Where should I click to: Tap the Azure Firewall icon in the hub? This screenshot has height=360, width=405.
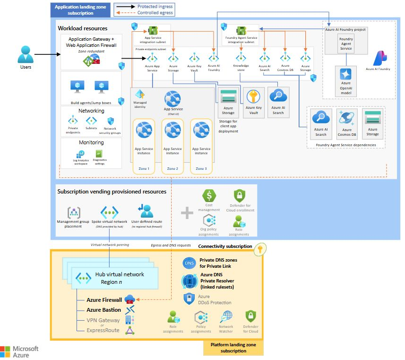point(129,299)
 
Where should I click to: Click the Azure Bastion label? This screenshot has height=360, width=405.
point(103,310)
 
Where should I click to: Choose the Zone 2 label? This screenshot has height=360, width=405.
point(172,168)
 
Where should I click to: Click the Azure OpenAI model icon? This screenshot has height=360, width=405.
point(346,74)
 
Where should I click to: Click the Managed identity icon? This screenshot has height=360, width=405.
point(139,95)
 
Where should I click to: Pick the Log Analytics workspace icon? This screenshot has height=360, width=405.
point(81,154)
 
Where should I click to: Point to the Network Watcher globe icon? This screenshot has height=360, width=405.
point(226,316)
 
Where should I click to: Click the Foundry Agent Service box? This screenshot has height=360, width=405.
point(346,44)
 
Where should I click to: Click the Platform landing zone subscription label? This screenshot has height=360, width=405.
point(233,348)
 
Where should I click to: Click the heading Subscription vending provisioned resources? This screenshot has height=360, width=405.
point(112,192)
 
